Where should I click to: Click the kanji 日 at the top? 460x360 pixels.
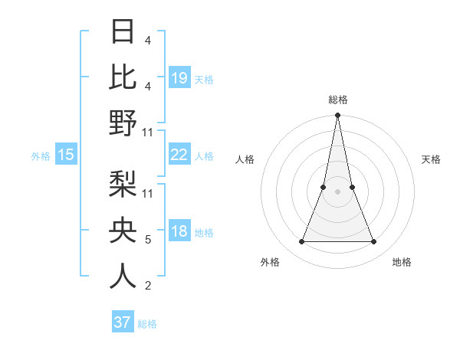pos(123,32)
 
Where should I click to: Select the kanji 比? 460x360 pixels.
pos(123,77)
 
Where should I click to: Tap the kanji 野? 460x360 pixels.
pos(123,123)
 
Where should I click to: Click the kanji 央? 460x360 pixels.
pos(123,230)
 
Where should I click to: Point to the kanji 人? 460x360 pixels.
pos(123,276)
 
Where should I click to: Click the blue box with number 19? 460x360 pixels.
pos(179,77)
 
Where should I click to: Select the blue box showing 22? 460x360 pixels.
pos(179,155)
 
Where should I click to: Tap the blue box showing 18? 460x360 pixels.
pos(179,232)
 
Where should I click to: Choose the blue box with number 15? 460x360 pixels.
pos(66,155)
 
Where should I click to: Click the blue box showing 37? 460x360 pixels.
pos(123,322)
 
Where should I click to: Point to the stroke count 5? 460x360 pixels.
pos(148,240)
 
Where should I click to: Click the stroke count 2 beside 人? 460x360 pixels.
pos(148,286)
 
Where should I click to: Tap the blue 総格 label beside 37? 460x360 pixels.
pos(147,324)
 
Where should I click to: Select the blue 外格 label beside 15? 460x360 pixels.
pos(41,156)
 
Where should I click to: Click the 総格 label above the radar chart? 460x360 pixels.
pos(338,100)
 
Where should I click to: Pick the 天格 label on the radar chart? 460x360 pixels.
pos(432,159)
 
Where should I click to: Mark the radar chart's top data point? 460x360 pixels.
pos(338,116)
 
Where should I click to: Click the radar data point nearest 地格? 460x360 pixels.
pos(374,242)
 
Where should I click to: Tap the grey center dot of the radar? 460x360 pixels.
pos(338,192)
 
